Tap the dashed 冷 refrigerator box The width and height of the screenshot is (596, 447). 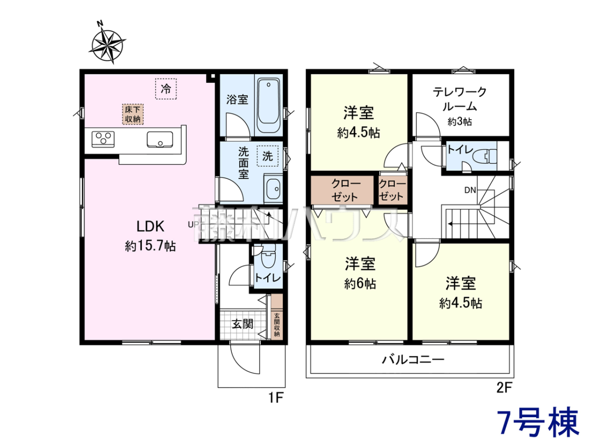[166, 89]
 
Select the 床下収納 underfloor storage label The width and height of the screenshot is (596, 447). [133, 114]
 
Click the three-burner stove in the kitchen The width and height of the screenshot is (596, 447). [103, 139]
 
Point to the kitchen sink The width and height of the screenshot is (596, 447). [160, 140]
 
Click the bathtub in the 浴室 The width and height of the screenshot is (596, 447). [268, 105]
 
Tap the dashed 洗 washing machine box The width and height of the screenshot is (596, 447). [268, 156]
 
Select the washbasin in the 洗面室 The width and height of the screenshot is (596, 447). [273, 189]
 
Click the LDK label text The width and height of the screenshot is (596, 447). [150, 226]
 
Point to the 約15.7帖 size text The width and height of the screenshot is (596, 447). [150, 246]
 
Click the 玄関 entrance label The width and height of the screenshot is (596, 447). [242, 324]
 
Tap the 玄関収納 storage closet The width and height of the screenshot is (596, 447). [277, 316]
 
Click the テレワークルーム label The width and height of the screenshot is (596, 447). [459, 99]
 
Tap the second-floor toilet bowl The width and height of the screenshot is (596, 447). [485, 157]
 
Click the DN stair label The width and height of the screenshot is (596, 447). [470, 190]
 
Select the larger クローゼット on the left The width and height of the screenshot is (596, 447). [342, 190]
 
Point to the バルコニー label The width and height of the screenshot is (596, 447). [413, 360]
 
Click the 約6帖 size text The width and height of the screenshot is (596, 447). [360, 284]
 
